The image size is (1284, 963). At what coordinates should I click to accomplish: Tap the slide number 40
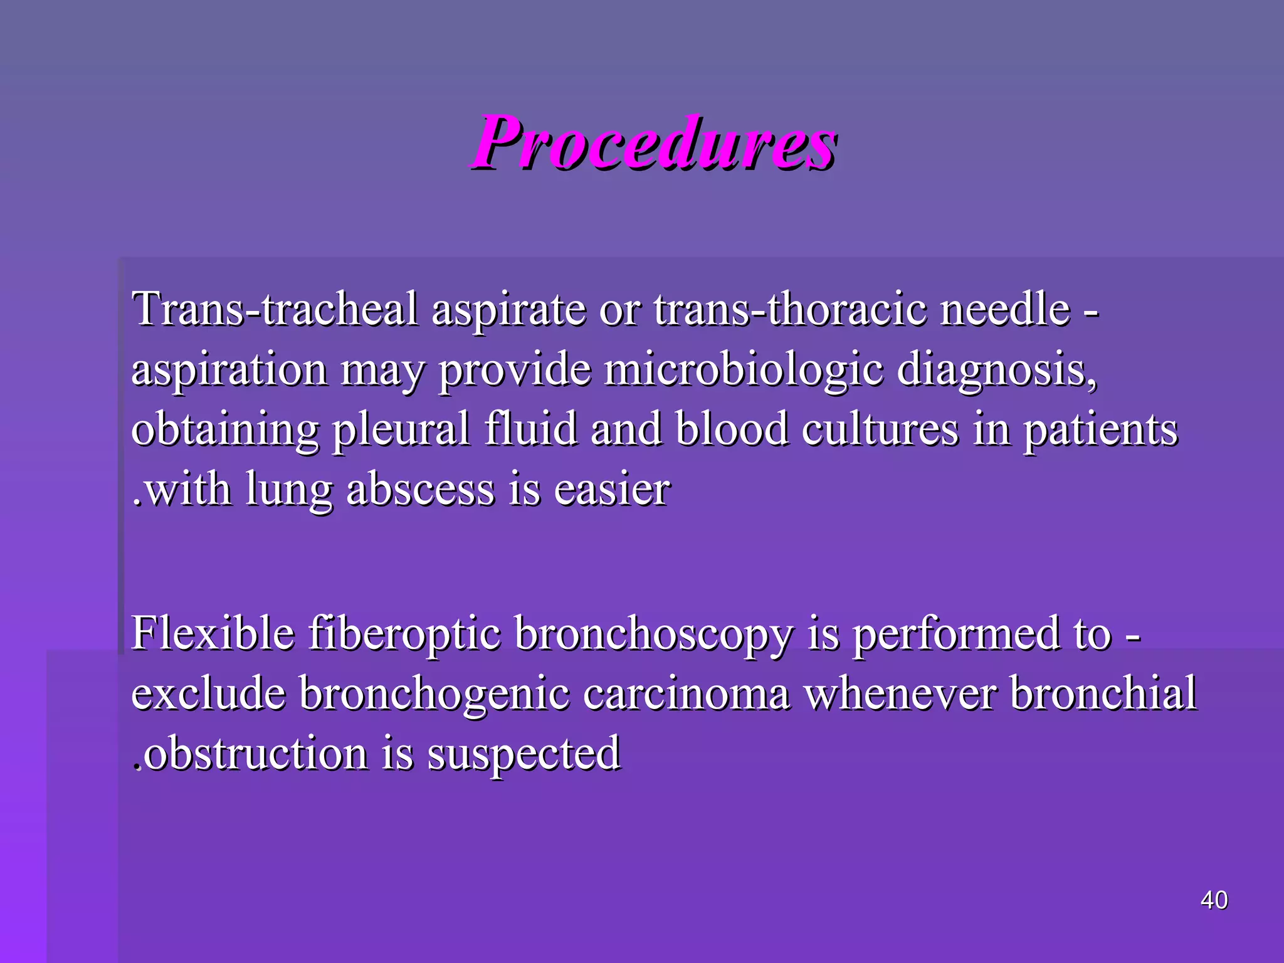pos(1214,900)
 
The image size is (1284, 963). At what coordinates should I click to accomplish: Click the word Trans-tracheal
pos(275,309)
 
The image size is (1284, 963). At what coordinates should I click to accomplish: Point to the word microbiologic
pos(744,369)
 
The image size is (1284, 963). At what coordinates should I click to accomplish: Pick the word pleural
pos(401,430)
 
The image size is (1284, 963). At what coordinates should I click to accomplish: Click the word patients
pos(1101,430)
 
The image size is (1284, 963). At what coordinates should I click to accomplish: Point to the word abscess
pos(420,489)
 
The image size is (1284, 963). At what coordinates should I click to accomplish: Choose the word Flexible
pos(213,633)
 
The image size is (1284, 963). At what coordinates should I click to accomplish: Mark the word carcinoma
pos(686,693)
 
